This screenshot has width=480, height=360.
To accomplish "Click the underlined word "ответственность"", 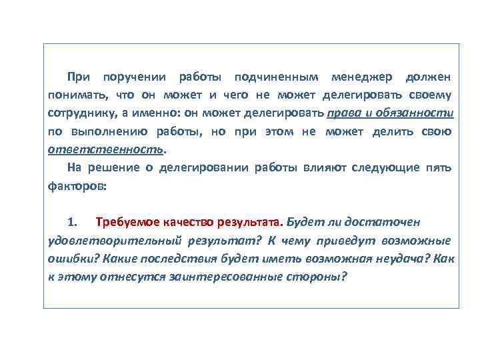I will pos(105,148).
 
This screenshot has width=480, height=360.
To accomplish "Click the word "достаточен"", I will pos(387,222).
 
